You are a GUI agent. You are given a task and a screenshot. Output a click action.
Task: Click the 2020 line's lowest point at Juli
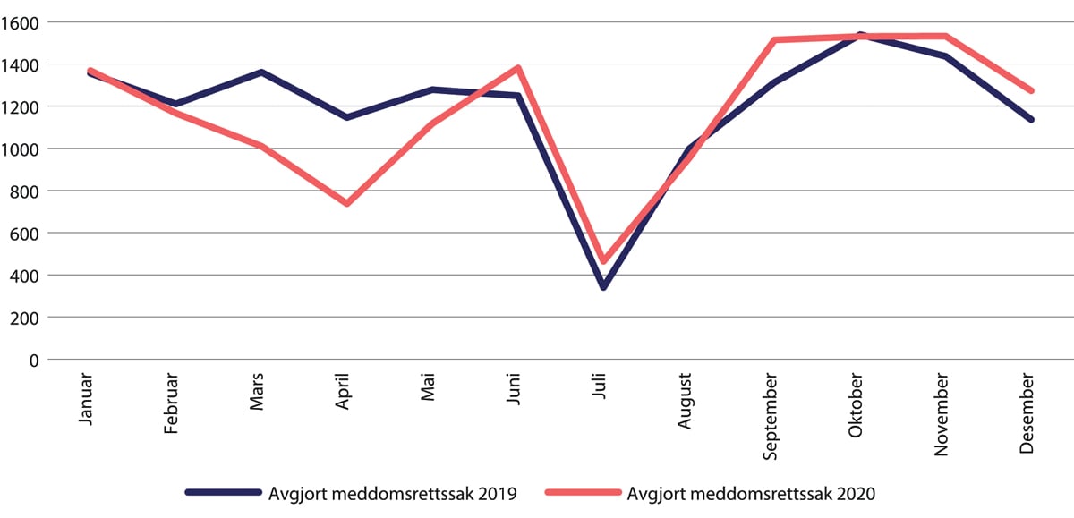click(603, 261)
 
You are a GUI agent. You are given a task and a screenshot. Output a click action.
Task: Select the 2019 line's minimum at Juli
click(603, 287)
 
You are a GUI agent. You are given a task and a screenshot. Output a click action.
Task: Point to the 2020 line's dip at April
click(346, 204)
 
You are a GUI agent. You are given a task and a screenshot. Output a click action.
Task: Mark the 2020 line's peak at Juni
click(517, 68)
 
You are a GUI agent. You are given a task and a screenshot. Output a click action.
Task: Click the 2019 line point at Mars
click(260, 72)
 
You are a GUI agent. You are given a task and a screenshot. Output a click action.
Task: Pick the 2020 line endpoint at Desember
click(1031, 90)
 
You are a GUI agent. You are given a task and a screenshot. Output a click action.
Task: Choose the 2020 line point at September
click(774, 40)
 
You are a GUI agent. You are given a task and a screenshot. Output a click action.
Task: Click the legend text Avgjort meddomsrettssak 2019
click(392, 492)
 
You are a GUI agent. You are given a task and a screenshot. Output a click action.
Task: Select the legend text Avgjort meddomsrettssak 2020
click(751, 492)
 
